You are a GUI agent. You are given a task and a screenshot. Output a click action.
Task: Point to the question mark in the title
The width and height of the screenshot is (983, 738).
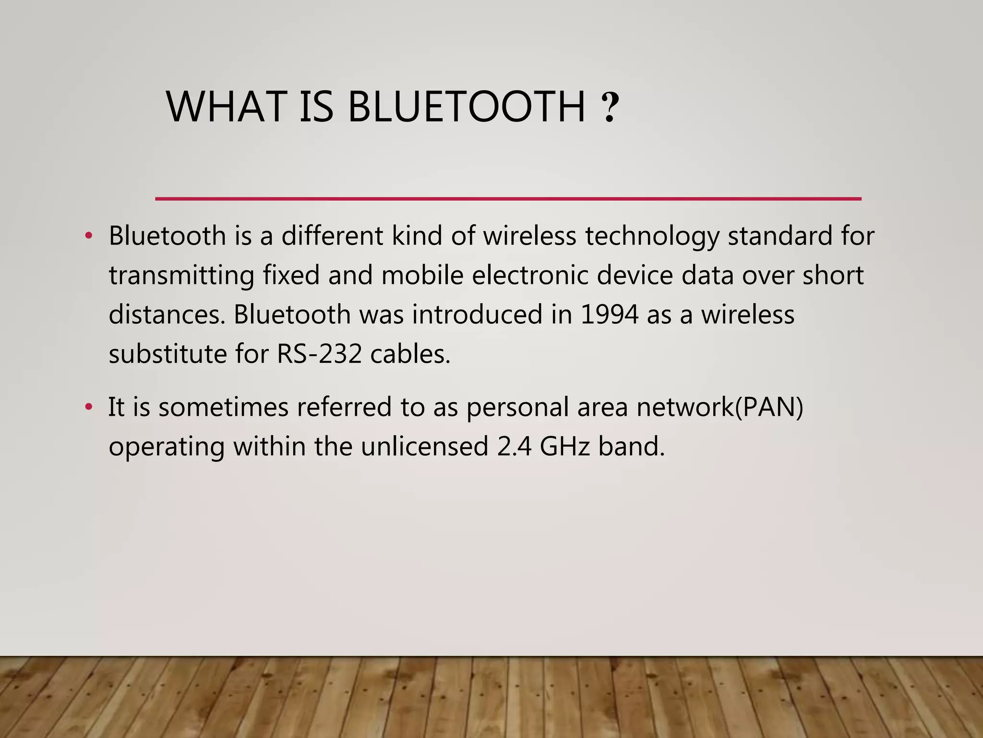pyautogui.click(x=610, y=108)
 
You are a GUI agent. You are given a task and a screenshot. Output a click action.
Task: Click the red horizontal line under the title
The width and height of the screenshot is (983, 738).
pyautogui.click(x=508, y=198)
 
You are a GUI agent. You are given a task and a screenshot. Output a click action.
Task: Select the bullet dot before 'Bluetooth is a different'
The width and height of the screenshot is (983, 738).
pyautogui.click(x=88, y=236)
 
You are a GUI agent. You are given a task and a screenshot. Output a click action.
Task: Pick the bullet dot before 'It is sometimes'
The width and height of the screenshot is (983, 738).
pyautogui.click(x=88, y=407)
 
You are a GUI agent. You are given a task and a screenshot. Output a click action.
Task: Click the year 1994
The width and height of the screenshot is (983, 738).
pyautogui.click(x=609, y=315)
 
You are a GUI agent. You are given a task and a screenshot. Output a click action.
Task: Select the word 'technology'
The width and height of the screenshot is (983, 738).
pyautogui.click(x=652, y=236)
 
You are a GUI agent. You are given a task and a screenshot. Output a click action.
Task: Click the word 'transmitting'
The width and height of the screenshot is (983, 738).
pyautogui.click(x=181, y=276)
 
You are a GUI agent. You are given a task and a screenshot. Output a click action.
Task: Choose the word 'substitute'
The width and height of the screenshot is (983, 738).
pyautogui.click(x=168, y=354)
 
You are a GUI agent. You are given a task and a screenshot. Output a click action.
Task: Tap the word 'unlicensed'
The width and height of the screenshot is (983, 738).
pyautogui.click(x=424, y=446)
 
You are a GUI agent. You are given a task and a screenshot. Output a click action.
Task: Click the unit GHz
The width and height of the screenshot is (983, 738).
pyautogui.click(x=564, y=446)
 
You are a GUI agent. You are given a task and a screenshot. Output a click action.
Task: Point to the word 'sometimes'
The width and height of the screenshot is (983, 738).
pyautogui.click(x=223, y=407)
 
